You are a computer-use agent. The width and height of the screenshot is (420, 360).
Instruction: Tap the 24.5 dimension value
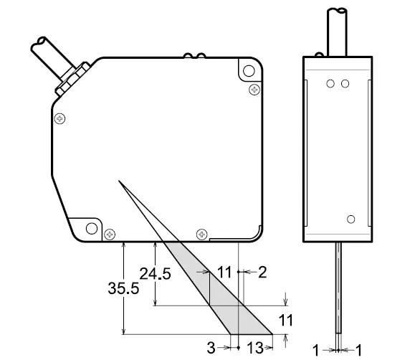coord(156,273)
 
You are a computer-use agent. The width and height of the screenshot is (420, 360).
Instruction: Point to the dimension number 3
coord(211,348)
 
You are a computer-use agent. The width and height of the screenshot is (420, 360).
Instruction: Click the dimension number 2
coord(262,271)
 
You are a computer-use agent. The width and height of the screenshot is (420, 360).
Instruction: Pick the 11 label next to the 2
coord(226,272)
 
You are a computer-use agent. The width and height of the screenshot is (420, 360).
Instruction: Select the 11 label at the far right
coord(287,318)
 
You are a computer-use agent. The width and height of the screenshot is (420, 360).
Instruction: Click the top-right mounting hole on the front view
coord(248,72)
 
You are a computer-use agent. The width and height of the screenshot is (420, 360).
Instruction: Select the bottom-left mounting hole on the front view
coord(92,229)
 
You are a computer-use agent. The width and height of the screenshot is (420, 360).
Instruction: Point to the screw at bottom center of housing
coord(201,233)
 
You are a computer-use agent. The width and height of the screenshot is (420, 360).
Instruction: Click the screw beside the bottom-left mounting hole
coord(110,233)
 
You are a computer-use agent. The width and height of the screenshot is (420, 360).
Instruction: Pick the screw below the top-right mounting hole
coord(254,89)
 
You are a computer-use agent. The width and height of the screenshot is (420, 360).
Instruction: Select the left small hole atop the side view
coord(330,84)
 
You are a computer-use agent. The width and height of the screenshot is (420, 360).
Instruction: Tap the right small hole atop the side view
coord(345,84)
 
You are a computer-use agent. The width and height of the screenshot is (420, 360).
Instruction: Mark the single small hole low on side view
coord(350,219)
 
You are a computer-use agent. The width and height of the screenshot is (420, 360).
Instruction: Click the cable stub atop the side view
coord(338,29)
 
